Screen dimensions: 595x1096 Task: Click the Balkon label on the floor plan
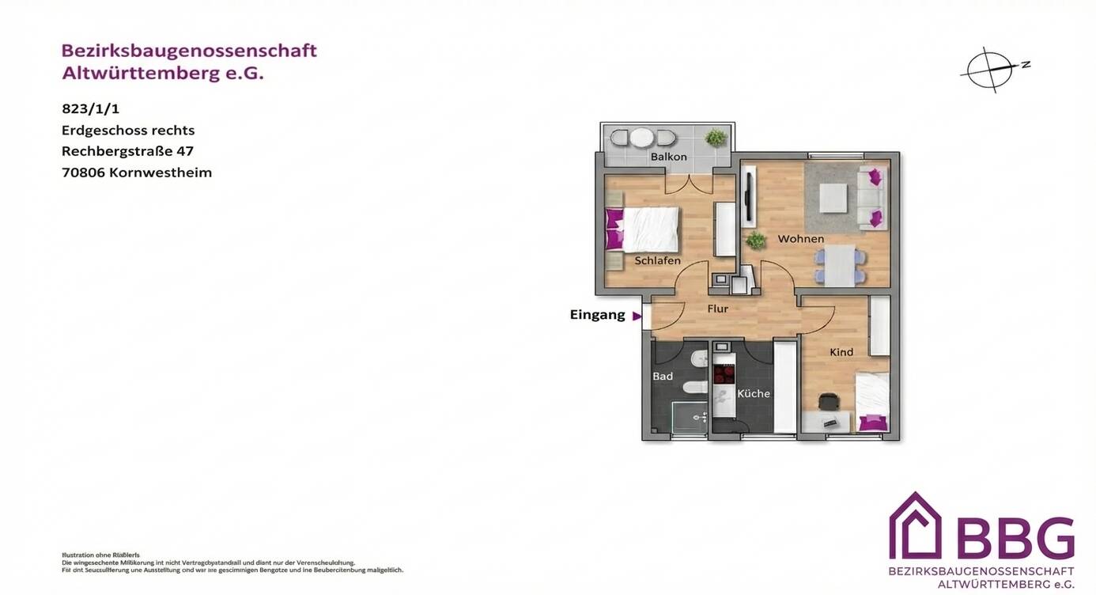click(x=668, y=157)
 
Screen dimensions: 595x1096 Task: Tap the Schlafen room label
click(x=657, y=260)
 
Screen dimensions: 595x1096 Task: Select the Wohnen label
click(x=800, y=239)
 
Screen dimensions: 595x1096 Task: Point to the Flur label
click(x=717, y=309)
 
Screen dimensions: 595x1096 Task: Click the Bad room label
click(x=663, y=376)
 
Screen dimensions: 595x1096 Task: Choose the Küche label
click(x=754, y=393)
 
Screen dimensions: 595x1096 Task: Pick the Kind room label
click(x=841, y=352)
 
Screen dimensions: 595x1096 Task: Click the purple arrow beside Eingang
click(x=637, y=316)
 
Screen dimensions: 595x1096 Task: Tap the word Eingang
click(x=597, y=315)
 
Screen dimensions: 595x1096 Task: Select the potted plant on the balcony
click(x=716, y=138)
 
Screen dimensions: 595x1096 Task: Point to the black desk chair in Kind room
click(x=828, y=403)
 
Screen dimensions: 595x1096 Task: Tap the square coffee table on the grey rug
click(x=833, y=197)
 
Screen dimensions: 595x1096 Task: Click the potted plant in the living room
click(x=756, y=240)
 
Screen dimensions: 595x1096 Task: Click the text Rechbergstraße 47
click(x=127, y=151)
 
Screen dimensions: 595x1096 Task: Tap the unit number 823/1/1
click(x=90, y=109)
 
